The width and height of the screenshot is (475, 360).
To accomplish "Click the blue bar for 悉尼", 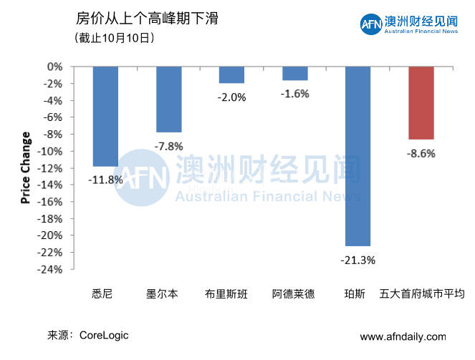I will click(105, 116).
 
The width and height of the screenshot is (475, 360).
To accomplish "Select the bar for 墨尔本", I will click(168, 99).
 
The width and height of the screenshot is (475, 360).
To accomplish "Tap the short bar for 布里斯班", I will click(231, 74).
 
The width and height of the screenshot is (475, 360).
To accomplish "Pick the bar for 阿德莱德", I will click(294, 73).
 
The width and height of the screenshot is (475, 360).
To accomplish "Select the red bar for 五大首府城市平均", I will click(421, 102).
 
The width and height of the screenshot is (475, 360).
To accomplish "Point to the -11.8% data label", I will click(105, 179).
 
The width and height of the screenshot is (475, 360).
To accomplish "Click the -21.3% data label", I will click(358, 259).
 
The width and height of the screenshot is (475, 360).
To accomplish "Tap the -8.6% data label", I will click(421, 152).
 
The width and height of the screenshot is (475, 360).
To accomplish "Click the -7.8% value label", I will click(168, 146).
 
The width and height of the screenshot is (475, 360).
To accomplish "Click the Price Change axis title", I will click(26, 167).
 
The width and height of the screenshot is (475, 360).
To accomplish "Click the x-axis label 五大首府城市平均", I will click(421, 293).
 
